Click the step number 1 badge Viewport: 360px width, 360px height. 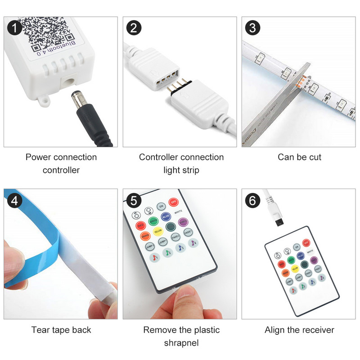(x=15, y=28)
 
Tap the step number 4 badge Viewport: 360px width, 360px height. (x=15, y=200)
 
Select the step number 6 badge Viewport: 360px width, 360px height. (x=253, y=200)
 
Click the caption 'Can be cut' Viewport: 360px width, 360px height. (x=299, y=157)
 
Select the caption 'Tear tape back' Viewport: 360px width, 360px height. (x=61, y=330)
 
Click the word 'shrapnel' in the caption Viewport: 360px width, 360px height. (x=181, y=343)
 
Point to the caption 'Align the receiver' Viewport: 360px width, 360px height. (x=299, y=330)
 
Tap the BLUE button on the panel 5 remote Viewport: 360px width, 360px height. (x=166, y=216)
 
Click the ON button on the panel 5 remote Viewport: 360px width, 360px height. (x=161, y=206)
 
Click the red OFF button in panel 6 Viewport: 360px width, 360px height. (x=306, y=243)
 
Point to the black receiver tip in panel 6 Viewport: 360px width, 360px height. (x=278, y=221)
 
